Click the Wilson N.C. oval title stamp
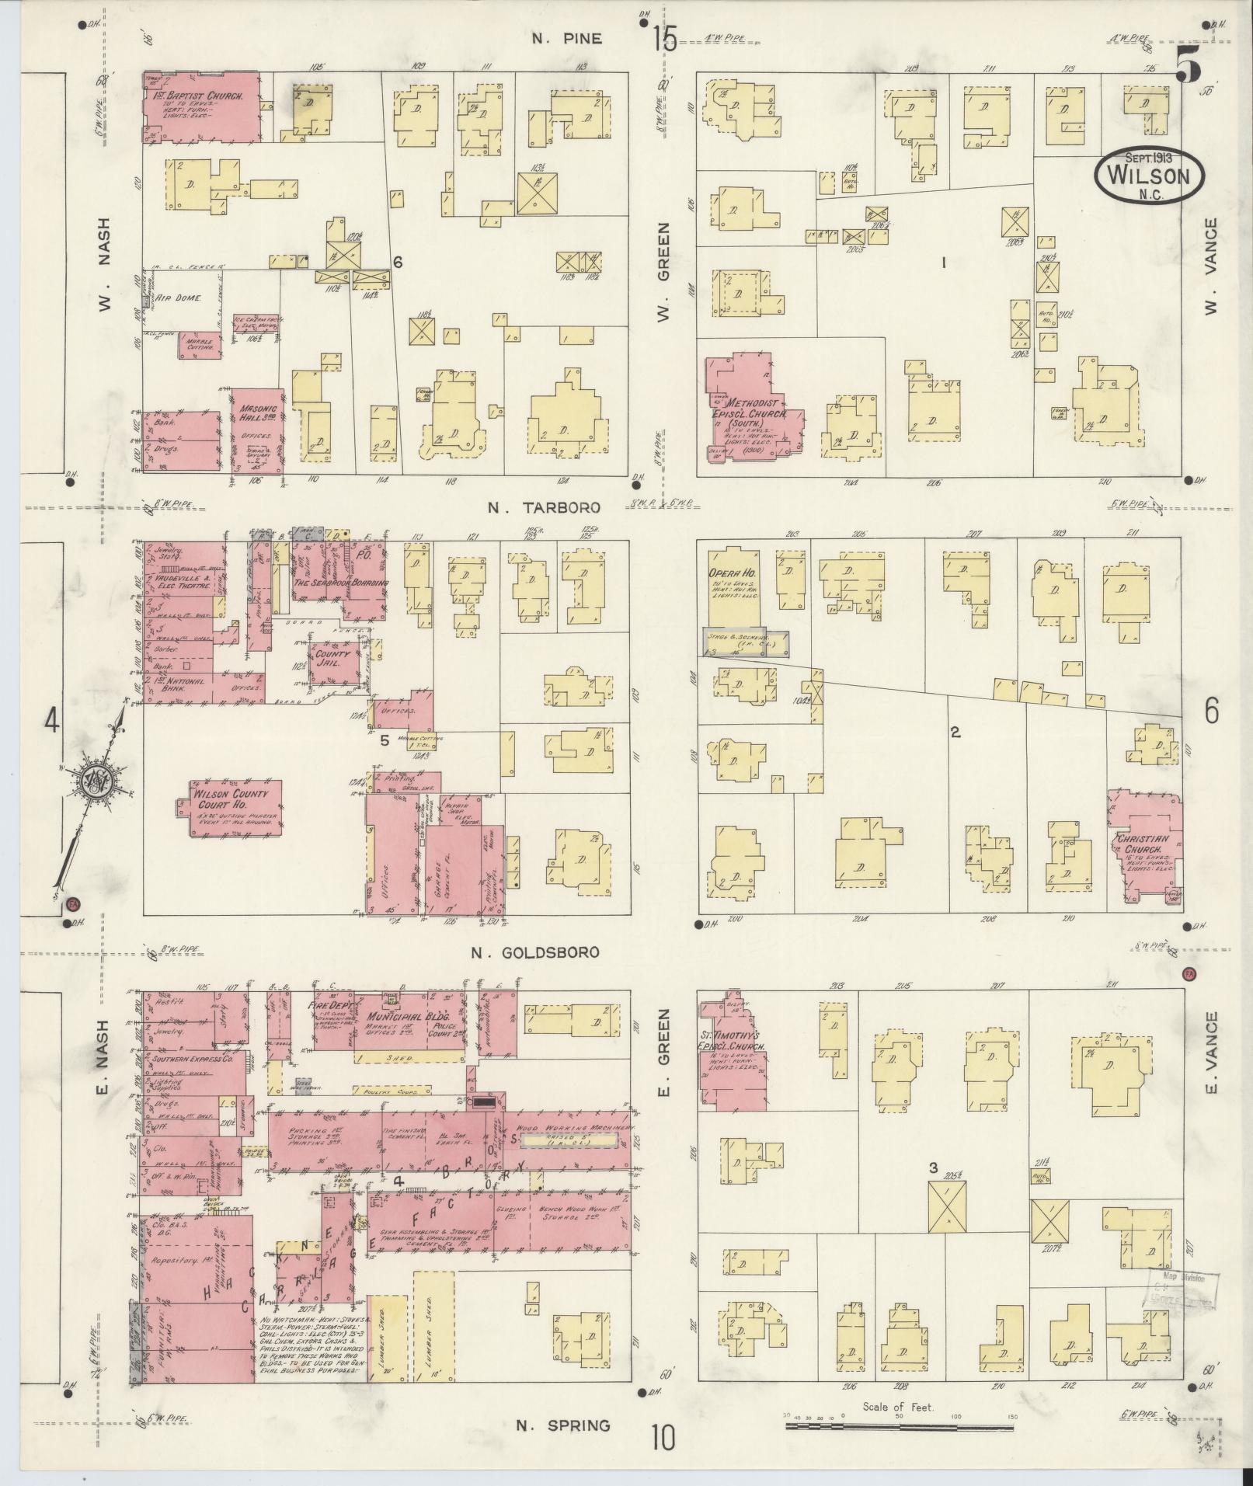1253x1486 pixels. click(x=1148, y=176)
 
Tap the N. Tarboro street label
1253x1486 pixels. click(x=544, y=507)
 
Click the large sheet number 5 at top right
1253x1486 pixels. click(x=1188, y=64)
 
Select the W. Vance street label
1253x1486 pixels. click(x=1209, y=266)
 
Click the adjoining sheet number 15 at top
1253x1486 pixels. click(x=665, y=39)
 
